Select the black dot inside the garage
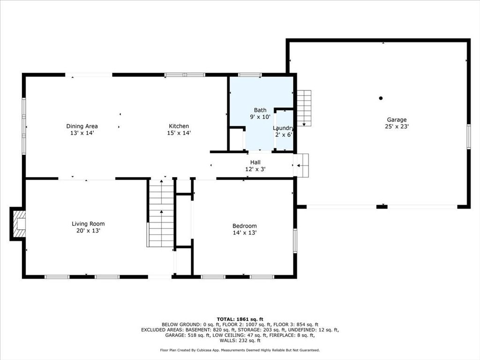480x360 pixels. click(x=381, y=98)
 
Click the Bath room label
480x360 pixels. click(x=260, y=110)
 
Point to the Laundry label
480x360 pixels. click(x=283, y=128)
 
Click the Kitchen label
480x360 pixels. click(x=179, y=126)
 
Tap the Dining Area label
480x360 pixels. click(x=82, y=126)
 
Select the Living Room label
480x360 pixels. click(x=88, y=224)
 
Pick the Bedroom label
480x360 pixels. click(x=245, y=226)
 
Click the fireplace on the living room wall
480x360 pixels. click(x=19, y=224)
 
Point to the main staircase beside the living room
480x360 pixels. click(x=161, y=214)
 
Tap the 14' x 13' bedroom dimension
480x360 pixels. click(x=245, y=232)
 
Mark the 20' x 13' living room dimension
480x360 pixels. click(x=88, y=231)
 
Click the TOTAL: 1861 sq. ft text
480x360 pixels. click(x=240, y=319)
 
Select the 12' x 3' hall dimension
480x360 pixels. click(x=255, y=169)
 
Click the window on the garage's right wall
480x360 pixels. click(x=468, y=136)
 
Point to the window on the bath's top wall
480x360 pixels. click(x=250, y=75)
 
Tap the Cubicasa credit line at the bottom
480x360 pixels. click(x=240, y=350)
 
